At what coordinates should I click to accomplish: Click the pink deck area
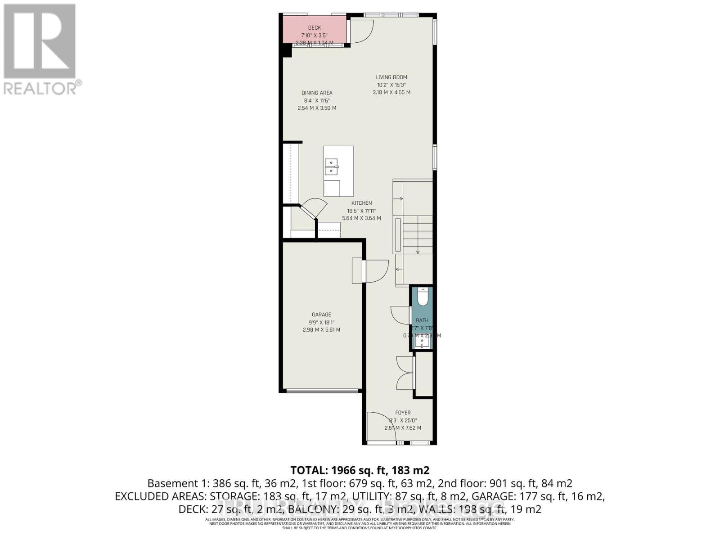(315, 30)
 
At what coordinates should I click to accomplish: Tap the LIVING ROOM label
(391, 77)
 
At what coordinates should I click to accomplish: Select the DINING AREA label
(317, 93)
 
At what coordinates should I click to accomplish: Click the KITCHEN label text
(361, 203)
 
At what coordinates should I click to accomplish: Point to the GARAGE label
(321, 315)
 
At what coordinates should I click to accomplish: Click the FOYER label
(403, 413)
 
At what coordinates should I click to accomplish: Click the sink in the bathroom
(423, 343)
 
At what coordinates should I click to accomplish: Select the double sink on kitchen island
(332, 166)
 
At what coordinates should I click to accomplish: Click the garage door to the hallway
(376, 271)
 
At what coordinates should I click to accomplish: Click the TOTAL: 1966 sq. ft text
(360, 470)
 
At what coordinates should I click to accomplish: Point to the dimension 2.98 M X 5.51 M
(321, 330)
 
